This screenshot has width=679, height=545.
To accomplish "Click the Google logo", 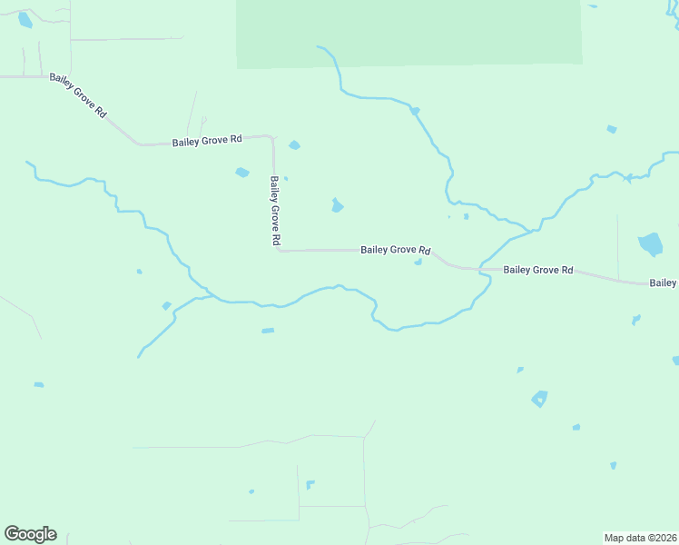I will tap(30, 534).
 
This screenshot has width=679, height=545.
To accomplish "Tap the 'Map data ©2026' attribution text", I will tap(640, 537).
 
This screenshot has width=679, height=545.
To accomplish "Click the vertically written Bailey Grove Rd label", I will tap(274, 212).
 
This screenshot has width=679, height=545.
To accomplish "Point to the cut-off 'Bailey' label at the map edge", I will tap(664, 283).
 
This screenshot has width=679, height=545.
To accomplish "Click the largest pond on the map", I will tap(650, 243).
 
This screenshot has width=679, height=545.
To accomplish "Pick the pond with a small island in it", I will tap(540, 398).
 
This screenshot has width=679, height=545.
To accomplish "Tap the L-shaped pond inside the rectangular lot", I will tap(310, 484).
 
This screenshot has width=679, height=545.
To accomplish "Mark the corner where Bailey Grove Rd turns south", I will tap(271, 138).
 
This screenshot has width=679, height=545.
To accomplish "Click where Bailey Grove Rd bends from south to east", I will tap(278, 250).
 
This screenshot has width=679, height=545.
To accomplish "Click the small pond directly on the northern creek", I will tap(415, 111).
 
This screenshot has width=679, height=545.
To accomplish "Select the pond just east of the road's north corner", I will tap(294, 145).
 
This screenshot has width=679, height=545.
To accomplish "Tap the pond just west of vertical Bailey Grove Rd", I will tap(241, 173).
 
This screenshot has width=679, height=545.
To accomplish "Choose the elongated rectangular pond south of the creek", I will tap(268, 331).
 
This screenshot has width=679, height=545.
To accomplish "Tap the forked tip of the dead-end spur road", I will tap(202, 119).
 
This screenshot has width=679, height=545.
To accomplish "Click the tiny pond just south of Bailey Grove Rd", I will tap(418, 263).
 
